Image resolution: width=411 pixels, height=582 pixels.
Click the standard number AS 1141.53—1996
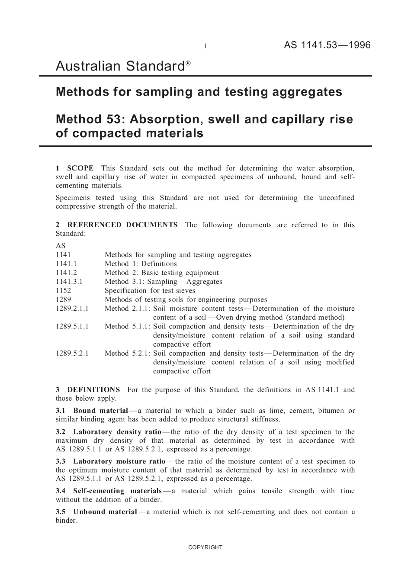(x=327, y=45)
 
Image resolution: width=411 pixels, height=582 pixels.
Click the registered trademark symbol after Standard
(x=188, y=63)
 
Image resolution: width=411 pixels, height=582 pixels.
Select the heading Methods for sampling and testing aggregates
(x=199, y=92)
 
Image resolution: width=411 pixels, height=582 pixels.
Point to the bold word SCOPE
(x=80, y=168)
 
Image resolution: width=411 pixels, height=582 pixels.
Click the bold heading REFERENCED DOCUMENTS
(x=122, y=225)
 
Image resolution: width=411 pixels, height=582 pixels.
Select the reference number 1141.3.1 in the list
(x=69, y=281)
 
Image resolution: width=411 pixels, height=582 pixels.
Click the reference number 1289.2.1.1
(x=72, y=309)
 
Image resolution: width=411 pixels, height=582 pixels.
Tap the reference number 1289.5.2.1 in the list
(x=72, y=353)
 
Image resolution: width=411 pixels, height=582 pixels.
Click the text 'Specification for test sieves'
(x=150, y=290)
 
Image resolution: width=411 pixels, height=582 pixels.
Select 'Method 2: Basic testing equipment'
(x=161, y=273)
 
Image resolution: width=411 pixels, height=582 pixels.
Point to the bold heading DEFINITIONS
(x=93, y=389)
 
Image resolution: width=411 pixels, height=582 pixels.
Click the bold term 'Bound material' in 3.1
(x=100, y=411)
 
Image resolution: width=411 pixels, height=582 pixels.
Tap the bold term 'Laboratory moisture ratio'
(x=119, y=461)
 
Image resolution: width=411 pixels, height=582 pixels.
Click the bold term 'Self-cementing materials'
(x=117, y=491)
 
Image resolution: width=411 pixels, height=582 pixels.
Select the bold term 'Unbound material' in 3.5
(x=105, y=511)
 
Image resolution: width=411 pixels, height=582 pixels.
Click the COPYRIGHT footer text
(x=205, y=547)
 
